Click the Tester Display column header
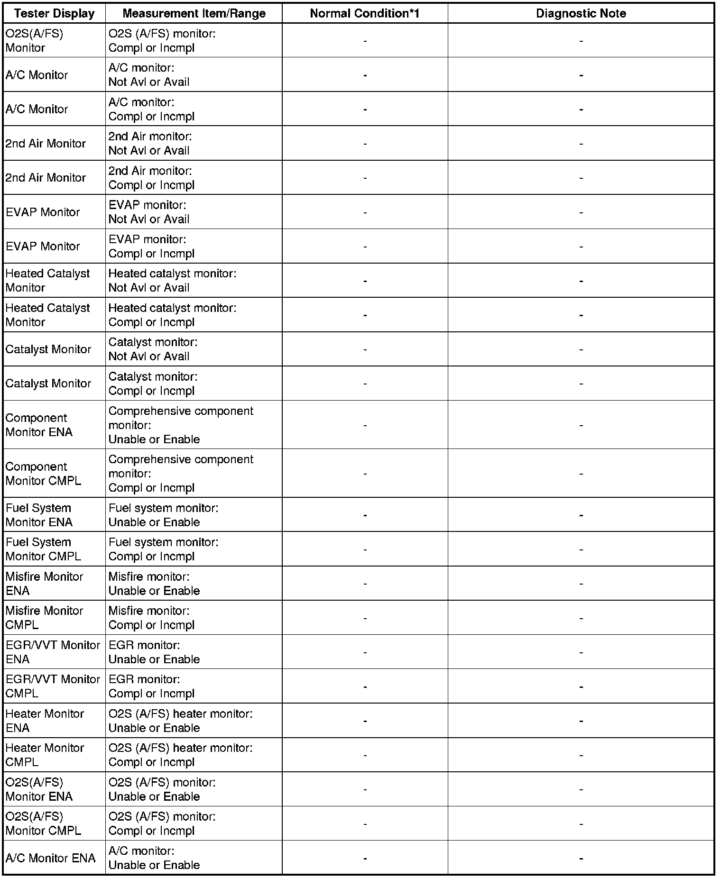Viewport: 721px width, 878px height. coord(54,13)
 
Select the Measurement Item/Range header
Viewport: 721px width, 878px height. coord(194,13)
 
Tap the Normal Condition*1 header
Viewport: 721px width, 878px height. coord(365,13)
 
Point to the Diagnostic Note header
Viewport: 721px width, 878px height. coord(581,13)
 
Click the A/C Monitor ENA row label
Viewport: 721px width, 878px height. coord(50,858)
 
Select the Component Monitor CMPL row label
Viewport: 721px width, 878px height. coord(43,473)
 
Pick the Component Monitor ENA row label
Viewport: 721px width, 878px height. coord(39,425)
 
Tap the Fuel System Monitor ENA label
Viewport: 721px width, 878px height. coord(39,515)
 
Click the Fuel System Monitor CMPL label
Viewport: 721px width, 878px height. coord(43,549)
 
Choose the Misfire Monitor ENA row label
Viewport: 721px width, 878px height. coord(44,584)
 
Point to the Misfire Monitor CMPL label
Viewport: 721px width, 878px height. coord(44,618)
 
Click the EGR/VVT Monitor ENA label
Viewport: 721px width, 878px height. coord(53,652)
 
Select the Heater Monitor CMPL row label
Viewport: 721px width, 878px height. coord(45,755)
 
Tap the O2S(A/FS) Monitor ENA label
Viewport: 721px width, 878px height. coord(39,789)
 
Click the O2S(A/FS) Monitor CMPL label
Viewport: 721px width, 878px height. coord(43,823)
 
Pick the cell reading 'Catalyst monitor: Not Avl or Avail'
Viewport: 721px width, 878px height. coord(153,349)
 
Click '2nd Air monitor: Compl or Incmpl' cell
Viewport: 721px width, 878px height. coord(151,178)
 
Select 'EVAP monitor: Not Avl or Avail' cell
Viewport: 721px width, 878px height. coord(148,212)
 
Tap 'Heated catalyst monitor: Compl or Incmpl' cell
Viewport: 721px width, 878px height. coord(172,315)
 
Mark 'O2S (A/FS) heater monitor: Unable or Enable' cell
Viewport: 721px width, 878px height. coord(180,721)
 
